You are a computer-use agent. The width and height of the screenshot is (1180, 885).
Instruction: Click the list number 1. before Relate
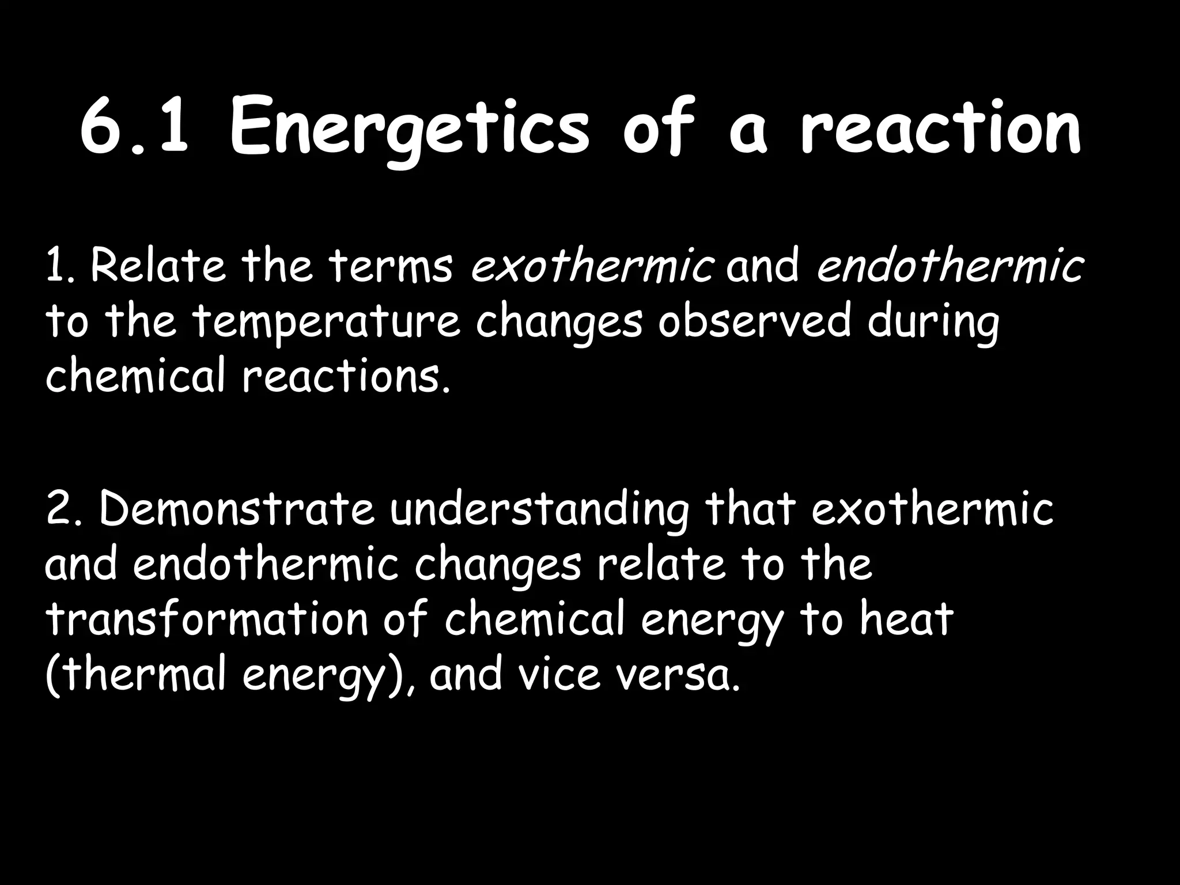(59, 266)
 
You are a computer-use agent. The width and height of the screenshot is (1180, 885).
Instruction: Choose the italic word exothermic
(592, 266)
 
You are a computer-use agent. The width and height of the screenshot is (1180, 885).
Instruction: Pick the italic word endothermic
(950, 266)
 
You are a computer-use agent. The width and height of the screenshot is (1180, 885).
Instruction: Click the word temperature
(326, 323)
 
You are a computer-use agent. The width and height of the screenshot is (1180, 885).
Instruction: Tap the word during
(933, 323)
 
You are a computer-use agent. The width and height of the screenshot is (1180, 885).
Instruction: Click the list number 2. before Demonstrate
(63, 509)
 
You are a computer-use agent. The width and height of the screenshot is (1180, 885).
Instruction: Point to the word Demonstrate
(237, 509)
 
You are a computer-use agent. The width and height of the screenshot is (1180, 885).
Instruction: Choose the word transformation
(207, 620)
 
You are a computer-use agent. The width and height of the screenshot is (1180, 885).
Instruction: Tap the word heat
(906, 620)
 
